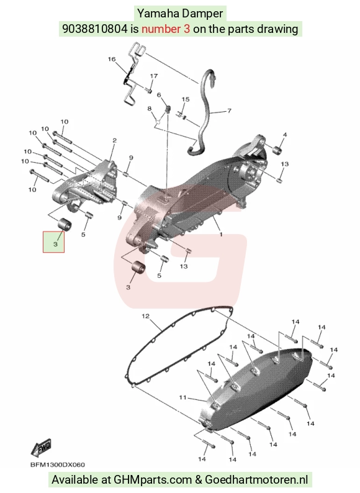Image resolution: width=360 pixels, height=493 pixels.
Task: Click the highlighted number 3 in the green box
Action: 55,243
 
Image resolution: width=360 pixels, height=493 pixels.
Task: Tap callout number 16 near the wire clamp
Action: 112,59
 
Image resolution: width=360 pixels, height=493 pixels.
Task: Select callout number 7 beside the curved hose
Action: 229,111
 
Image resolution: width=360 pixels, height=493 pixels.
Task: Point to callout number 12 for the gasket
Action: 146,316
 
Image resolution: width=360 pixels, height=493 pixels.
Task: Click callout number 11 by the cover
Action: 183,397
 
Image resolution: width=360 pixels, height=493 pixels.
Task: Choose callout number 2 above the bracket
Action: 114,140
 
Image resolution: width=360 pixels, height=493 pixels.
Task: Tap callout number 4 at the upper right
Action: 285,135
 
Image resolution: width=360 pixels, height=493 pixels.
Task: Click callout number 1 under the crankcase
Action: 221,234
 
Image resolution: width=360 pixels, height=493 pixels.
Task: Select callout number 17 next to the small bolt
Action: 154,76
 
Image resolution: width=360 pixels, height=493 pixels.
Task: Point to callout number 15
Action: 186,99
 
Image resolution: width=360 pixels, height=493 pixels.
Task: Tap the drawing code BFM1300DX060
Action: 58,464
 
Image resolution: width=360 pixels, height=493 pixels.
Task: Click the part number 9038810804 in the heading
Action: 95,29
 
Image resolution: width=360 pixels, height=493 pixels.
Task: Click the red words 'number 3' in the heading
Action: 166,29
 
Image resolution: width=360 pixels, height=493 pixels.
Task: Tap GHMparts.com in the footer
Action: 153,479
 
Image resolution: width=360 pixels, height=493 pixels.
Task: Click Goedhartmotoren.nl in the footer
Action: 256,479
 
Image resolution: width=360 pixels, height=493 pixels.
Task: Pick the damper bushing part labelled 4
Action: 277,151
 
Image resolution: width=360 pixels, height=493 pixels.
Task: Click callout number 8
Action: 150,109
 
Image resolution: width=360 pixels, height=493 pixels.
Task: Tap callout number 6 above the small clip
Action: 159,94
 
